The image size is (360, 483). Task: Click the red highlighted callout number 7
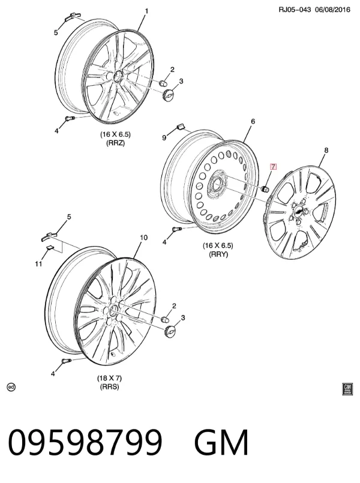273,167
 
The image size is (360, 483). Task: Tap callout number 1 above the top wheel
146,11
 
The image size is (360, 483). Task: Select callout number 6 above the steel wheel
253,121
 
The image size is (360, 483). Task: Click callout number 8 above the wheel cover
326,150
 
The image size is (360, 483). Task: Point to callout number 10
144,238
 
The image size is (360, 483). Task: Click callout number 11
38,264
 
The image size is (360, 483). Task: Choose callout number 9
164,137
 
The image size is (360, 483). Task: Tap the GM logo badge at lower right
347,389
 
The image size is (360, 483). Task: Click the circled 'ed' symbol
11,387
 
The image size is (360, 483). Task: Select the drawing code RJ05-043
295,10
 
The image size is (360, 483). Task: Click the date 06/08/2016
332,10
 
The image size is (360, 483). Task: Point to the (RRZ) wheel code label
115,143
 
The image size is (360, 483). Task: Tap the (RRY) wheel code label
218,254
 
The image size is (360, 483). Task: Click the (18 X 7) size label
109,377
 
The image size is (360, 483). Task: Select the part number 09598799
85,442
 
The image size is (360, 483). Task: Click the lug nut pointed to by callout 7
264,188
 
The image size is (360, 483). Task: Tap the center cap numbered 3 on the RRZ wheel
168,94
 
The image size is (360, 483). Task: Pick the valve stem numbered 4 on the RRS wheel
67,361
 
